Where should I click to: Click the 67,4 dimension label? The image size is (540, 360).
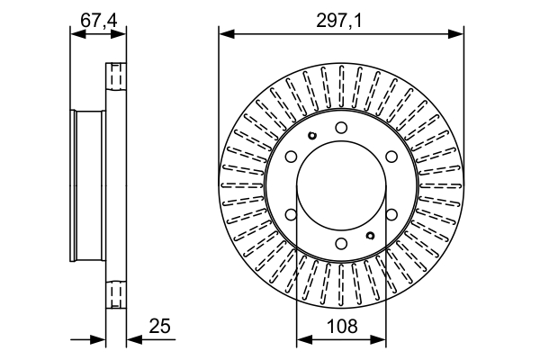[99, 21]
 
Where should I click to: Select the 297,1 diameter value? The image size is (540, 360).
[339, 22]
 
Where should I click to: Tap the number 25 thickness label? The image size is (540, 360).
[160, 326]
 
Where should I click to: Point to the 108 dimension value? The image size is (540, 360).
[342, 326]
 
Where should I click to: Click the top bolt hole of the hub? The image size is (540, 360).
[341, 128]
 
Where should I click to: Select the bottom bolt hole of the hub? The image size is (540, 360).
[341, 244]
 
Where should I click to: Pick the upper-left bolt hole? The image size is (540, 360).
[292, 157]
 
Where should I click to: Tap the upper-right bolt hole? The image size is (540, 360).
[391, 157]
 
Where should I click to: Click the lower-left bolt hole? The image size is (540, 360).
[292, 214]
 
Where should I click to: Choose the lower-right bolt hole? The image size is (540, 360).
[391, 214]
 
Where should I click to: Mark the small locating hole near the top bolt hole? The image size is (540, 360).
[312, 136]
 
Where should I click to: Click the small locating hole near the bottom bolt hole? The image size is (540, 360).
[370, 236]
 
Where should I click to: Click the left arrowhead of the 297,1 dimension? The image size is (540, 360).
[227, 34]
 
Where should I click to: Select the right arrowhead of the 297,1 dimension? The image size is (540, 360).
[456, 34]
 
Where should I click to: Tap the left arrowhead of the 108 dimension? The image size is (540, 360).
[304, 339]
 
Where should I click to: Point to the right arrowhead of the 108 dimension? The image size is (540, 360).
[378, 339]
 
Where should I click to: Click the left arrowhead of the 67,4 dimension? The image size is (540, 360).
[77, 34]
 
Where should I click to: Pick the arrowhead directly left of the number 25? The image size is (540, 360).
[135, 339]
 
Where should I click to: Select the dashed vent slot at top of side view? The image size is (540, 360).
[116, 76]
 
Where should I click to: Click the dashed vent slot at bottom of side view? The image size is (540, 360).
[116, 294]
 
